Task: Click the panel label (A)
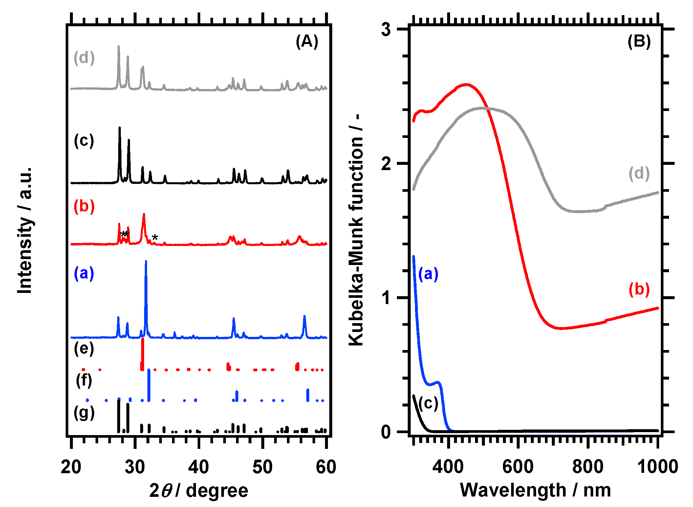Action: (307, 42)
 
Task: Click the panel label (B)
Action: (639, 42)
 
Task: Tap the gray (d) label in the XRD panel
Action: (84, 58)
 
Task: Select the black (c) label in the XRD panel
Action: (84, 141)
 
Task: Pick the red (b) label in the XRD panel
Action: (84, 207)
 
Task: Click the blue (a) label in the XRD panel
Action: (84, 273)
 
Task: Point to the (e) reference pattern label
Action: (84, 348)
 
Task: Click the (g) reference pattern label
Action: (84, 413)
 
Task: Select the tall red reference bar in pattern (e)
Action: (142, 354)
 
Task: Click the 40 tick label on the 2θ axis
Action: (198, 467)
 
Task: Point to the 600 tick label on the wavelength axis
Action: (518, 467)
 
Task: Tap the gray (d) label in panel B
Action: (639, 173)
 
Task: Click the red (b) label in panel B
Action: (639, 289)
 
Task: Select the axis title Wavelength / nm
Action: (535, 490)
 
